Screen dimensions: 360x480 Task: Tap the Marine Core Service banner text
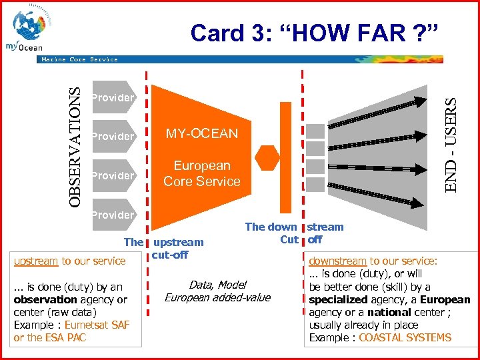coord(79,59)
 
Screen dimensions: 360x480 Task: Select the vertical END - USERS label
coord(451,145)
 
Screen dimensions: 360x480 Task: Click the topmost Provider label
coord(113,98)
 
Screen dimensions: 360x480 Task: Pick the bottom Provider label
coord(113,215)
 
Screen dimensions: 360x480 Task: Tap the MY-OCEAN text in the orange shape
coord(201,133)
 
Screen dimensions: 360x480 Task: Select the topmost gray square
coord(316,131)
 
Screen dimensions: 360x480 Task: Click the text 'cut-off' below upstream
coord(170,255)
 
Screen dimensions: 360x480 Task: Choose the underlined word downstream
coord(337,261)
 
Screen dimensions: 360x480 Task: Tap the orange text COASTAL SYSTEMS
coord(405,337)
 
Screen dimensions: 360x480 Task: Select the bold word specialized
coord(339,299)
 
